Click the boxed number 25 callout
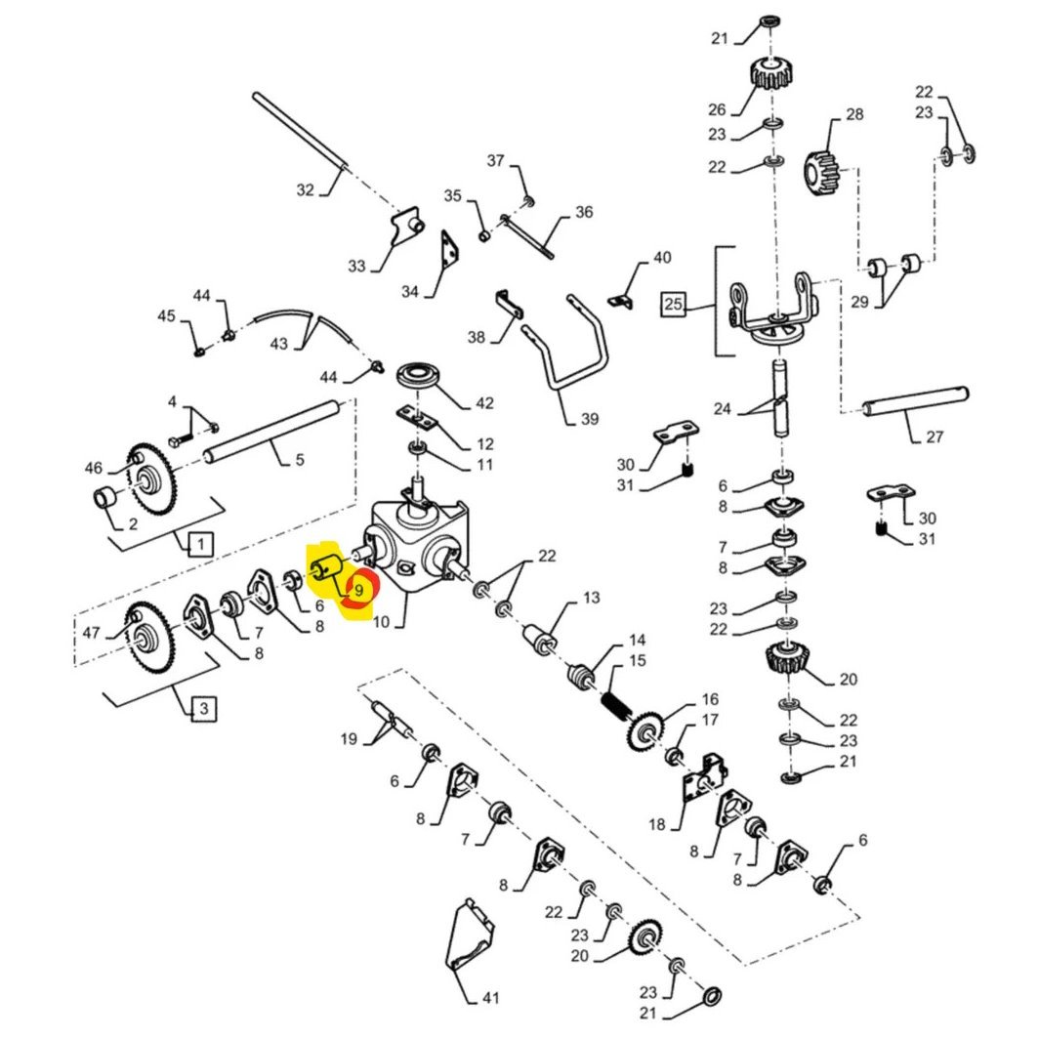pos(673,305)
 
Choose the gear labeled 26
pos(771,73)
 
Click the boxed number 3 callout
pos(201,710)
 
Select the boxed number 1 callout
pos(198,543)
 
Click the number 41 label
pos(489,998)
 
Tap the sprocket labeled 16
pos(645,731)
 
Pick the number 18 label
pos(656,824)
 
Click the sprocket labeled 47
pos(145,636)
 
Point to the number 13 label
pos(592,598)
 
